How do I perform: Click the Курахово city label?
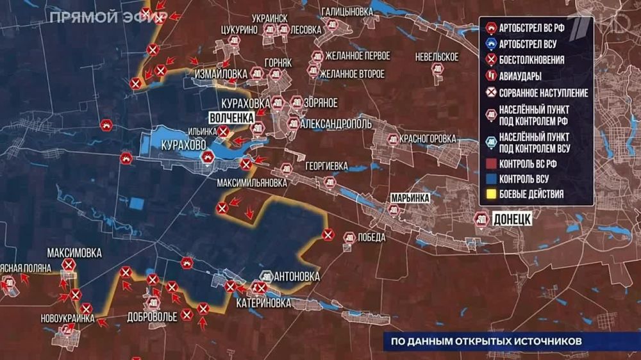pyautogui.click(x=184, y=145)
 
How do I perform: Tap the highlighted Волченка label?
pyautogui.click(x=232, y=118)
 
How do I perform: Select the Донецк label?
pyautogui.click(x=512, y=219)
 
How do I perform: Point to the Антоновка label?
pyautogui.click(x=297, y=277)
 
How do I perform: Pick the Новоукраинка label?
pyautogui.click(x=67, y=318)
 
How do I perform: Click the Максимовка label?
pyautogui.click(x=74, y=254)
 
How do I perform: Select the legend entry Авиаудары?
pyautogui.click(x=520, y=76)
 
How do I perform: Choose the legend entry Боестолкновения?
pyautogui.click(x=531, y=60)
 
